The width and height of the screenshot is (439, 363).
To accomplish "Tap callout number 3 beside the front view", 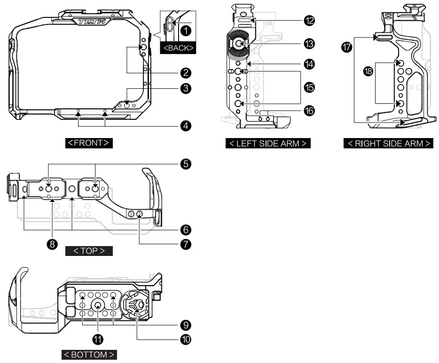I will (186, 88).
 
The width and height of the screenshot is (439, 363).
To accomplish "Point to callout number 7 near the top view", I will (186, 244).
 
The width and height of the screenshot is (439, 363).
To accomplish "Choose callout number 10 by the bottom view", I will (186, 339).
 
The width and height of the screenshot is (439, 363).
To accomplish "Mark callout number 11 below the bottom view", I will (98, 339).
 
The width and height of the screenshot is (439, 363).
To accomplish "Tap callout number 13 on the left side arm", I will (309, 43).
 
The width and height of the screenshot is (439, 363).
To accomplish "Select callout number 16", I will (309, 111).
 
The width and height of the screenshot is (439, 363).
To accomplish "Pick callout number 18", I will (370, 71).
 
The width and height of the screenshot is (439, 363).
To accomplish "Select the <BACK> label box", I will (178, 48).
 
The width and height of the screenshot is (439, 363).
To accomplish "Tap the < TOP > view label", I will (89, 251).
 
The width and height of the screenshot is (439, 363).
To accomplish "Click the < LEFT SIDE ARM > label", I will (268, 143).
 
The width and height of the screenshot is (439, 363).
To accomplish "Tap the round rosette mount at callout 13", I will (239, 44).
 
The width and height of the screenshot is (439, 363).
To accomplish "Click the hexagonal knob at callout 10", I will (135, 304).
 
